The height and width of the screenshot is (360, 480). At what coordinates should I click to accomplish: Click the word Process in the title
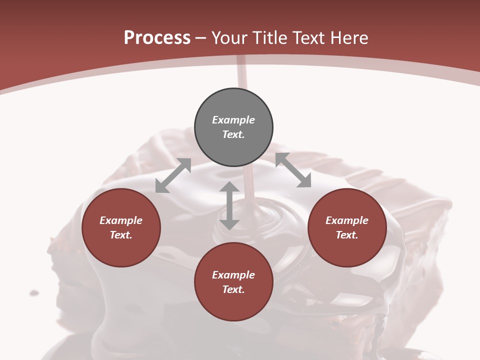[157, 38]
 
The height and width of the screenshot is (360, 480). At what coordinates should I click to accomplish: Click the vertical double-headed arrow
[229, 206]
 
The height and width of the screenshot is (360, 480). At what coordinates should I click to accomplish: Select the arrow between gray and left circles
[173, 175]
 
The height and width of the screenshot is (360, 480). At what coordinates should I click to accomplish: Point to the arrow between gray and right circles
[293, 170]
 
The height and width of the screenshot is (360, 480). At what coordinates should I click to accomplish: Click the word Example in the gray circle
[233, 120]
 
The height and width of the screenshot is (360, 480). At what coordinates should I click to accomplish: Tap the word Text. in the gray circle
[233, 134]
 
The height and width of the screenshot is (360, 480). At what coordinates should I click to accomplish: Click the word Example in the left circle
[121, 220]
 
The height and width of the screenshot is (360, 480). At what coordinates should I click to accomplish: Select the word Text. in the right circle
[347, 235]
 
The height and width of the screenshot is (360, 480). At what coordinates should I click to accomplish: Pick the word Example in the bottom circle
[233, 275]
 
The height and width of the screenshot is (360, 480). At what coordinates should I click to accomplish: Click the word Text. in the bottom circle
[233, 289]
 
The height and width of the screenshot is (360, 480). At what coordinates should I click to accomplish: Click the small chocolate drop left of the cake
[34, 292]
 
